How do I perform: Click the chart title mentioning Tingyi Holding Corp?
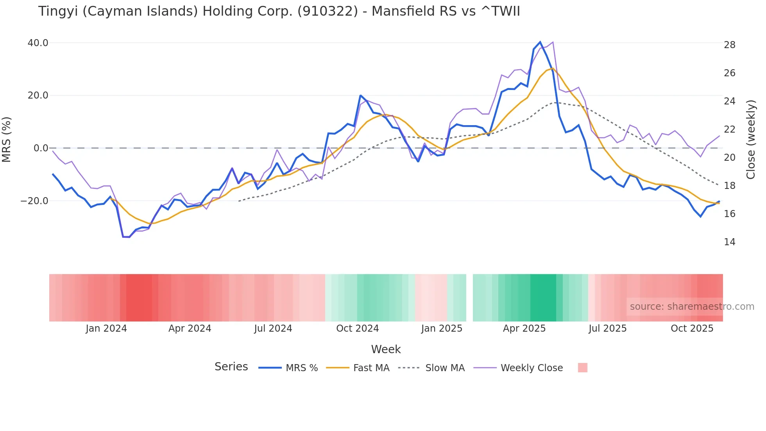coord(279,11)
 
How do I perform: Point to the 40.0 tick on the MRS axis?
coord(38,43)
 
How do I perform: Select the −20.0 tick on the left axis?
coord(34,201)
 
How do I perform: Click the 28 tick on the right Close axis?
coord(729,45)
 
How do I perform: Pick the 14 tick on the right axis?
coord(729,242)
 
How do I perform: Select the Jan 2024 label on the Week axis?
coord(106,329)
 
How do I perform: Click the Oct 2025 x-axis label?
coord(692,329)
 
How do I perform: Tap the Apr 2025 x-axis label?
coord(524,329)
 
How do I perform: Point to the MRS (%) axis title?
coord(7,140)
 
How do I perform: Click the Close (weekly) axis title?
coord(751,140)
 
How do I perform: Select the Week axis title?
coord(386,349)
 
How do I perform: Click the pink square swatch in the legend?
coord(582,368)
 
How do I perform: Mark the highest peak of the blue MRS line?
coord(540,42)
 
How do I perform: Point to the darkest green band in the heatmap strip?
coord(543,298)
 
